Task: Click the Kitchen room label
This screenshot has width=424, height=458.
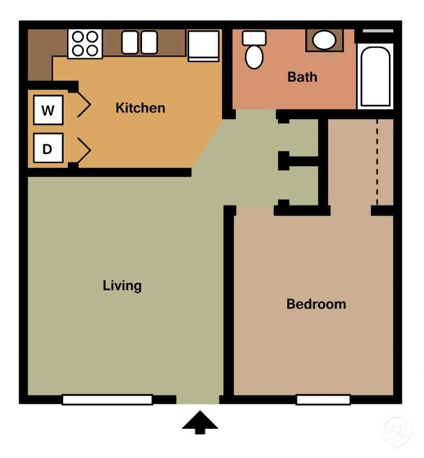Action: [x=140, y=108]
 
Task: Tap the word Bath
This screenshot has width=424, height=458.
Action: [x=302, y=77]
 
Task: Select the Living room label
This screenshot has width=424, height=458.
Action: [x=122, y=286]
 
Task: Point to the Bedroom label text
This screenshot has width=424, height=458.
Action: [x=316, y=304]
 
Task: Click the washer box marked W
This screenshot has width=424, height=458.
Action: [x=48, y=110]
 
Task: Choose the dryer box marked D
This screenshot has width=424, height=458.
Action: [x=48, y=148]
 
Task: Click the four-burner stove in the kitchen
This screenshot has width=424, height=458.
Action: [x=85, y=43]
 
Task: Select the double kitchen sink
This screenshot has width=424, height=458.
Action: [x=139, y=42]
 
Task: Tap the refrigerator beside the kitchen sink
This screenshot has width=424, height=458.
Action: [x=204, y=46]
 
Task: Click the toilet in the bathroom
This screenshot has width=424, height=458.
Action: [x=254, y=50]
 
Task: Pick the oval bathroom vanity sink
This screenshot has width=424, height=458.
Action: [x=323, y=40]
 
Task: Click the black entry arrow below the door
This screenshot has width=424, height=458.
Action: [x=200, y=422]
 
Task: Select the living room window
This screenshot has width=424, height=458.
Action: [x=107, y=400]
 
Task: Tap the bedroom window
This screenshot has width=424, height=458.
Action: [x=323, y=400]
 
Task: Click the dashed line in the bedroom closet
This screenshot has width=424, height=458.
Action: [x=377, y=162]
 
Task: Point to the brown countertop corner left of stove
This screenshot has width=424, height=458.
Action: [x=40, y=53]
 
